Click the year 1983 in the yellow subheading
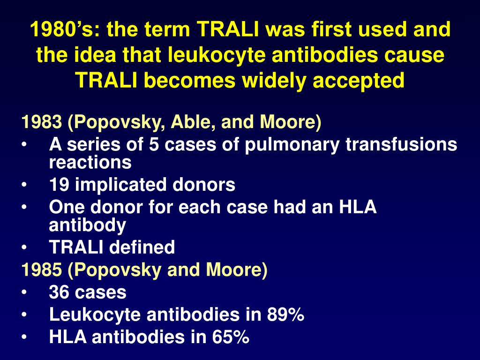pyautogui.click(x=41, y=123)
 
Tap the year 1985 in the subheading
pyautogui.click(x=41, y=270)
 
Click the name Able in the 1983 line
pyautogui.click(x=192, y=123)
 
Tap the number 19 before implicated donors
pyautogui.click(x=59, y=185)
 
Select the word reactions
pyautogui.click(x=90, y=163)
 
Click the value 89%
pyautogui.click(x=286, y=315)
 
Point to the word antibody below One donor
pyautogui.click(x=87, y=225)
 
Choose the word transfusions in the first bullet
pyautogui.click(x=401, y=145)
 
